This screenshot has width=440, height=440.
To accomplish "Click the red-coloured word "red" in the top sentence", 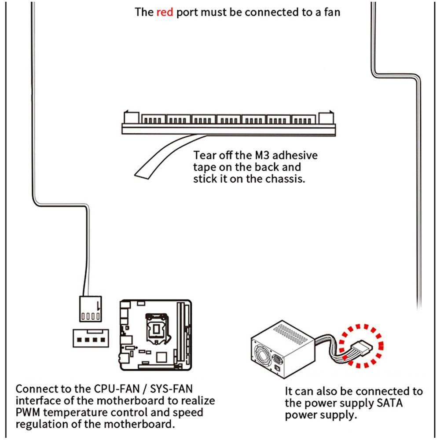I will point(165,12).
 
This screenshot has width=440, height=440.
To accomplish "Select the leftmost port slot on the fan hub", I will point(154,119).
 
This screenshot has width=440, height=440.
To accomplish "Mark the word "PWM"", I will point(29,413).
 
